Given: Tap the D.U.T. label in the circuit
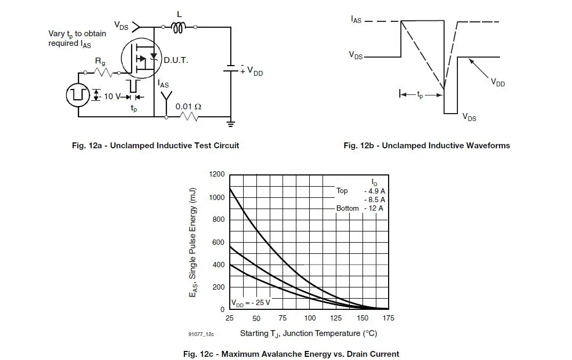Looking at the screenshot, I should (x=176, y=61).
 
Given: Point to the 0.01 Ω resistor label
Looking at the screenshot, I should (x=188, y=106).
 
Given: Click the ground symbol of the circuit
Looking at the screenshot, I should (x=231, y=124).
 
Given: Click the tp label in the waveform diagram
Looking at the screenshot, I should (x=420, y=95).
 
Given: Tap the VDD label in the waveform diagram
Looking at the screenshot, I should (x=497, y=83).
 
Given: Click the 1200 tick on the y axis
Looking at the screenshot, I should (x=217, y=174).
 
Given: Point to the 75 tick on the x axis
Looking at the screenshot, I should (x=283, y=318).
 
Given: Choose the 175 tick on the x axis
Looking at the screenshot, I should (x=389, y=318).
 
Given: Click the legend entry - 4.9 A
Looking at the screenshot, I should (x=374, y=190).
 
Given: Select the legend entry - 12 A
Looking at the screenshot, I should (x=373, y=208).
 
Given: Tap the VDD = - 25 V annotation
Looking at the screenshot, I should (x=251, y=302).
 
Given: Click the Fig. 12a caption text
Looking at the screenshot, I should (x=156, y=146).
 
